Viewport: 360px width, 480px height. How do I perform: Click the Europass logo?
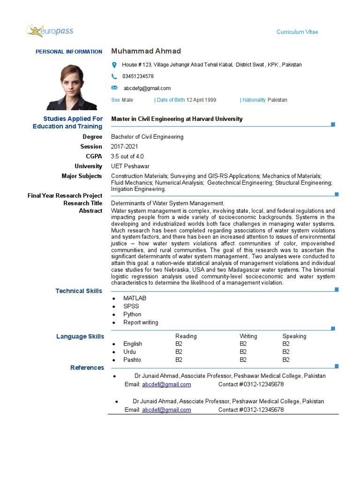50,31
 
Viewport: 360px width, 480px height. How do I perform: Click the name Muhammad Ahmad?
146,51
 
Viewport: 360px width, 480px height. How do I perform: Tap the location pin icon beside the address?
114,65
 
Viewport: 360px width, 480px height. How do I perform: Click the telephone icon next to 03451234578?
114,76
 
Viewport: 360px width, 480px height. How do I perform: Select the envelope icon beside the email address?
114,88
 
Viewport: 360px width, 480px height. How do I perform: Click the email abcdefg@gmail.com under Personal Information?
147,88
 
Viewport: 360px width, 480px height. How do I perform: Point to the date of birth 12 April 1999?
201,100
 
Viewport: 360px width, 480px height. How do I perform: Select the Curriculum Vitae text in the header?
297,32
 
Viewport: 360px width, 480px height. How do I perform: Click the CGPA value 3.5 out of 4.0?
127,157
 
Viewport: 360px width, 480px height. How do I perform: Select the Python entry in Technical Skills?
132,314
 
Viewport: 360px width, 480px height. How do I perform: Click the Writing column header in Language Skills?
248,336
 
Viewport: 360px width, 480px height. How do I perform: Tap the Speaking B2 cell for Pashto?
286,360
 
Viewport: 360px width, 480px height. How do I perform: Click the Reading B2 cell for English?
179,344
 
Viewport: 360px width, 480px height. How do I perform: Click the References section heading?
87,367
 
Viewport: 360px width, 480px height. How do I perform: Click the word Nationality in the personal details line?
254,100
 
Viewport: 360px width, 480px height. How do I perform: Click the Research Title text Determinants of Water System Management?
167,203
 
